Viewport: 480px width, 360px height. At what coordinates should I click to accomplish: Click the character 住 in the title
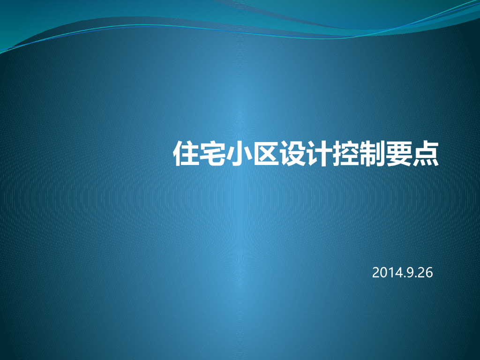point(187,153)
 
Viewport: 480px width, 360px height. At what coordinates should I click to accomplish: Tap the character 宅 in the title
point(213,153)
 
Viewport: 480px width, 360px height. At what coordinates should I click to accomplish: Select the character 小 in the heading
point(240,153)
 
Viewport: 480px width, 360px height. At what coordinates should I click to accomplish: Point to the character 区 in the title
point(266,153)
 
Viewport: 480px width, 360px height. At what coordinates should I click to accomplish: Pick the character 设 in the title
point(293,153)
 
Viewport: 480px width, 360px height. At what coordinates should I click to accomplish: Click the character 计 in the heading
point(319,153)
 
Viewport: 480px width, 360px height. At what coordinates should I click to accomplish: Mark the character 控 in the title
point(346,153)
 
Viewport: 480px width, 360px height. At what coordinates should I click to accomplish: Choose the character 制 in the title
point(373,153)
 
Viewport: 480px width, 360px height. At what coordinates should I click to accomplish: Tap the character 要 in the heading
point(399,153)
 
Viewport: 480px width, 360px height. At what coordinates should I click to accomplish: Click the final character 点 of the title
point(426,153)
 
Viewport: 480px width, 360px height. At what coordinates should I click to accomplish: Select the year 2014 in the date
point(386,273)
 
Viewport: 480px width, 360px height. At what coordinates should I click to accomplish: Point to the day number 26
point(425,273)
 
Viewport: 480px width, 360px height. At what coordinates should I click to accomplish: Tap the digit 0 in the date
point(383,273)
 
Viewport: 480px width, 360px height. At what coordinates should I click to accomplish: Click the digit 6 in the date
point(428,273)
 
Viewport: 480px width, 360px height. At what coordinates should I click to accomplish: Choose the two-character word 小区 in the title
point(253,153)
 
